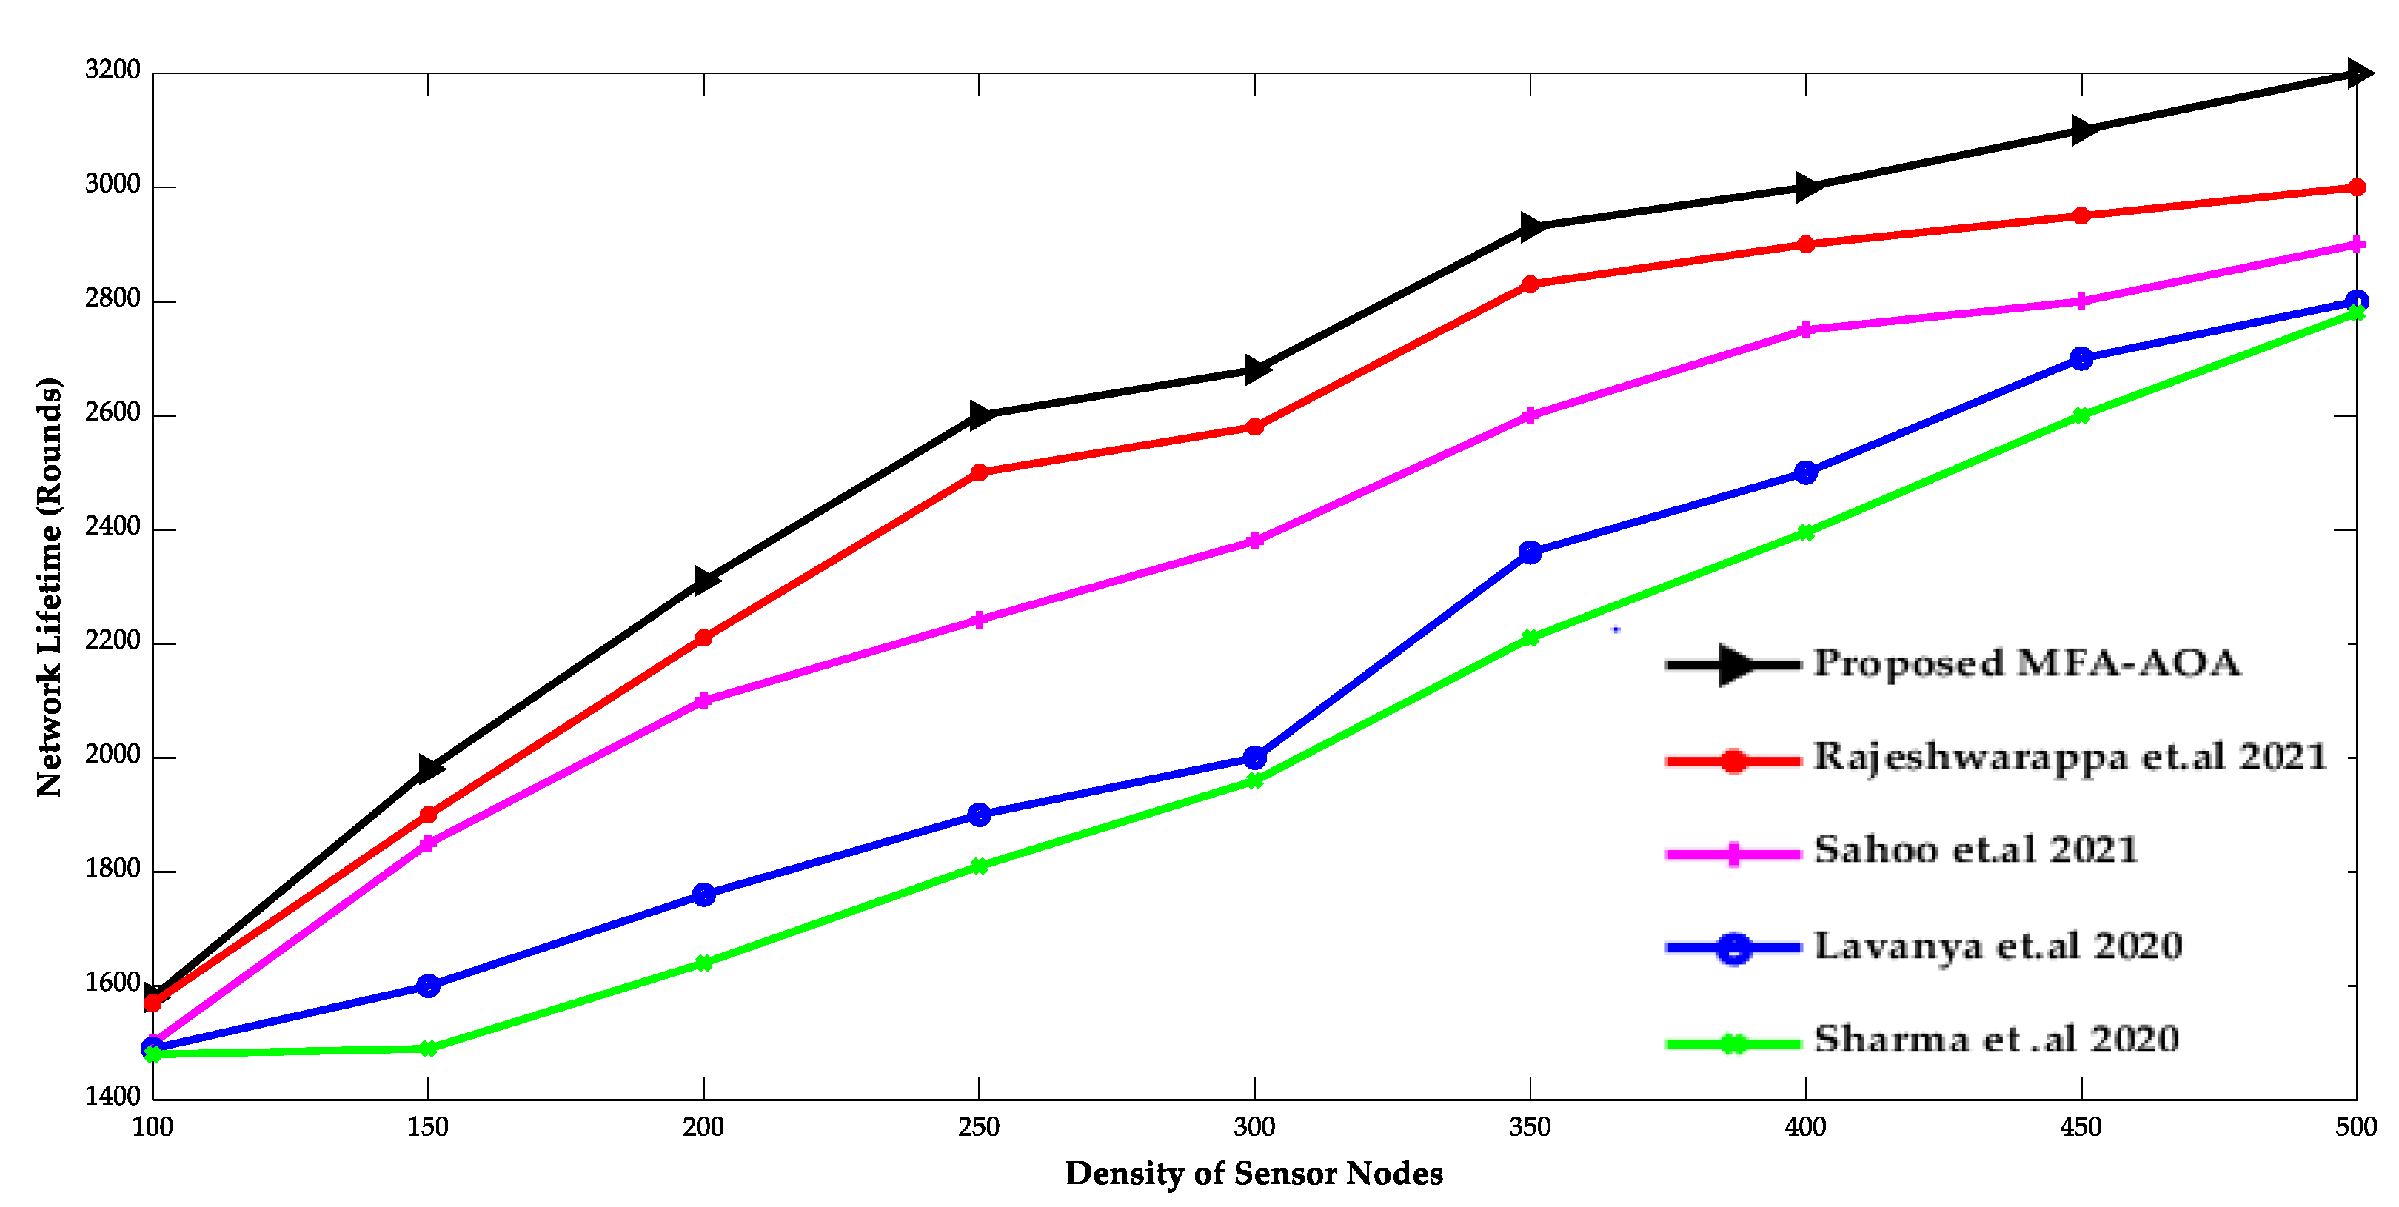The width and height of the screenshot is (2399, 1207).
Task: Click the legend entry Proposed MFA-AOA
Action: (x=2027, y=663)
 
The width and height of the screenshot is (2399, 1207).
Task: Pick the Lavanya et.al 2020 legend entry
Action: (x=1998, y=946)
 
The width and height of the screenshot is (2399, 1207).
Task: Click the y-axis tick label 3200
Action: (x=112, y=70)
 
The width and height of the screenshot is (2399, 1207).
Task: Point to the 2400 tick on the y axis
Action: (x=112, y=527)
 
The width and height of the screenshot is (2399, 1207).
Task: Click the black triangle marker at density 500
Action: (x=2357, y=73)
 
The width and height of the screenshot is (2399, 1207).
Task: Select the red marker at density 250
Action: (x=979, y=472)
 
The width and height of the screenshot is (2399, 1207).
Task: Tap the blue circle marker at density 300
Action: (x=1254, y=758)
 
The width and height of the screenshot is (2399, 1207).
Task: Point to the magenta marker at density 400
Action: (x=1806, y=330)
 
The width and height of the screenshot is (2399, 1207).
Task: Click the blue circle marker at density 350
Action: (x=1530, y=552)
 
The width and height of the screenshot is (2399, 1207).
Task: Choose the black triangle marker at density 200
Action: (x=705, y=581)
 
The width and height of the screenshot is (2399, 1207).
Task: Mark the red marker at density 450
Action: (x=2081, y=216)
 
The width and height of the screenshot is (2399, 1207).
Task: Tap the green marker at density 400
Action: (x=1806, y=532)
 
